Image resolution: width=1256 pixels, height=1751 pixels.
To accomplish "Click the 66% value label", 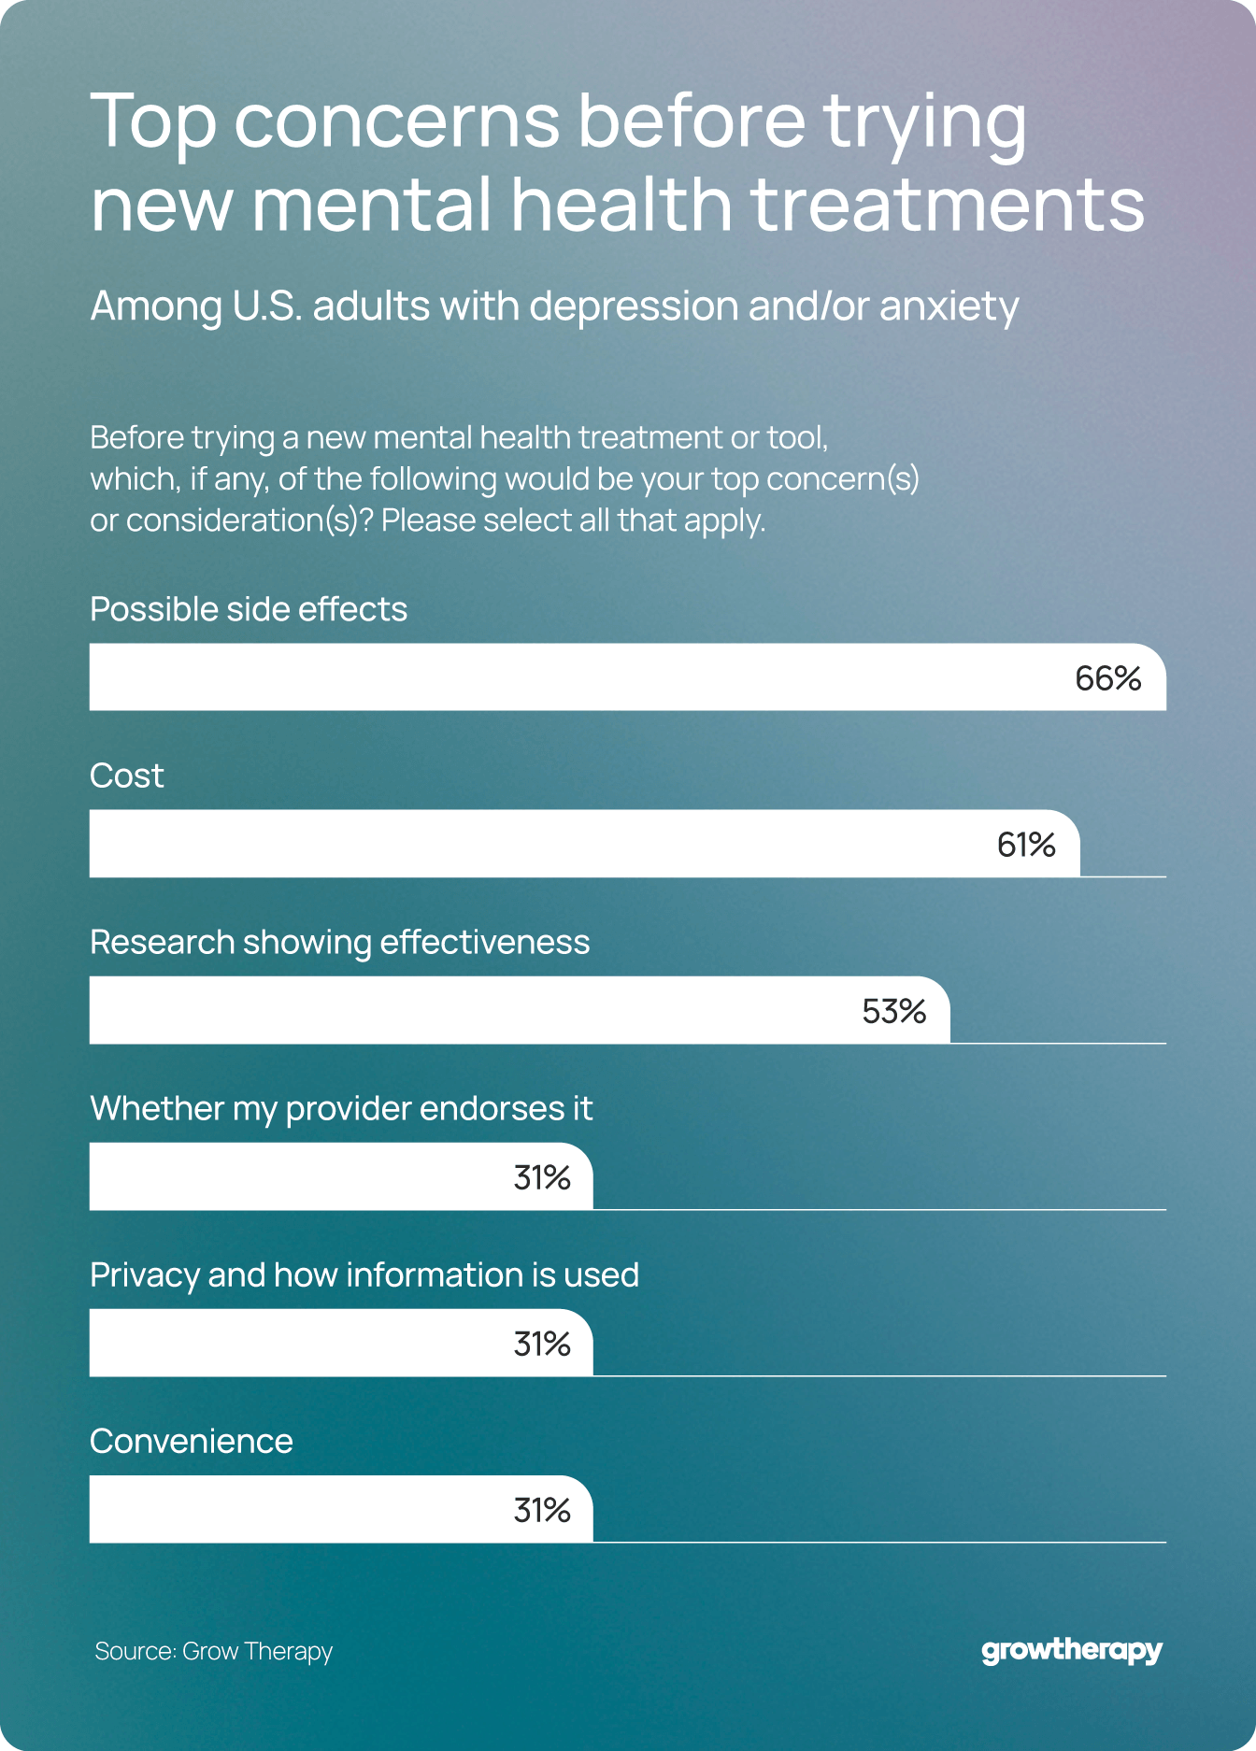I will click(x=1107, y=678).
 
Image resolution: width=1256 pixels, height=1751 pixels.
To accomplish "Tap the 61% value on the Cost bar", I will click(x=1026, y=845).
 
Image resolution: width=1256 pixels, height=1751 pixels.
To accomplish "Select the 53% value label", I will click(x=893, y=1011).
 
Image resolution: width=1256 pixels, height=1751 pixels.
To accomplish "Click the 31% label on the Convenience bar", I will click(x=542, y=1510).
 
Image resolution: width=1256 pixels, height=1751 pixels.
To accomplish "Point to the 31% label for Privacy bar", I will click(x=542, y=1344).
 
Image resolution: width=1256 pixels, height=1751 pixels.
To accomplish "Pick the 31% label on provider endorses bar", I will click(x=542, y=1177).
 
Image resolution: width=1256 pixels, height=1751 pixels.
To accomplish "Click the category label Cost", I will click(x=126, y=776).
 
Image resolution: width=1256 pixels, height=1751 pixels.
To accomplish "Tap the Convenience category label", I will click(x=192, y=1441).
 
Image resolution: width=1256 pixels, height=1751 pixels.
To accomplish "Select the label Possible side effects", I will click(x=249, y=609).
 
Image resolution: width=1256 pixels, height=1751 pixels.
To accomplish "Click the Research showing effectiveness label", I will click(x=339, y=942).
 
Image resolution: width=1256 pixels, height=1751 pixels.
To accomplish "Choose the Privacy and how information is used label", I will click(x=364, y=1274).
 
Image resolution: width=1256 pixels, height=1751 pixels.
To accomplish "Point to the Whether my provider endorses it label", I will click(x=341, y=1108).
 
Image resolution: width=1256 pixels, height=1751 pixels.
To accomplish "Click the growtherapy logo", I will click(x=1071, y=1651).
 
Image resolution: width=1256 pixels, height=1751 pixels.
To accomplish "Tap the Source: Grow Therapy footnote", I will click(x=213, y=1651).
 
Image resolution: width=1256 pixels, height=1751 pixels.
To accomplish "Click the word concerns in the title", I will click(x=396, y=121).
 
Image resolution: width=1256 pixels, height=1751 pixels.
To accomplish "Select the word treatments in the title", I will click(x=948, y=206).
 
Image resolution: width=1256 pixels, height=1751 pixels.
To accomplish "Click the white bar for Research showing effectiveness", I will click(x=467, y=1010).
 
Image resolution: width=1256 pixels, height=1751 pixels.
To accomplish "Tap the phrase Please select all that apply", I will click(x=573, y=520).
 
